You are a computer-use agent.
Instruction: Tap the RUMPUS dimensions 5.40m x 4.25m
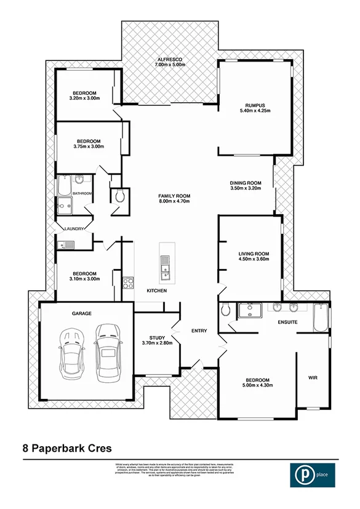point(254,111)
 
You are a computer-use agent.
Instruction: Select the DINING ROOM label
point(246,183)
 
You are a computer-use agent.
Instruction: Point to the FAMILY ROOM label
point(174,196)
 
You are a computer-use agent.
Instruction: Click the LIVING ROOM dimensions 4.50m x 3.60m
point(254,259)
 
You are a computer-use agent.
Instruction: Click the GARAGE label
point(81,313)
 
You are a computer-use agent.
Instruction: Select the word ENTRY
point(199,331)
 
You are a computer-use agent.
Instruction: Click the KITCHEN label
point(156,291)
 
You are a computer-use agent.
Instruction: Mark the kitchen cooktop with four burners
point(129,283)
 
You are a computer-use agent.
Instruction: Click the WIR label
point(312,377)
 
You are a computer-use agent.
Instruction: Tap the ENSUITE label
point(287,323)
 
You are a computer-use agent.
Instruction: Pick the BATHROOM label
point(82,194)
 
